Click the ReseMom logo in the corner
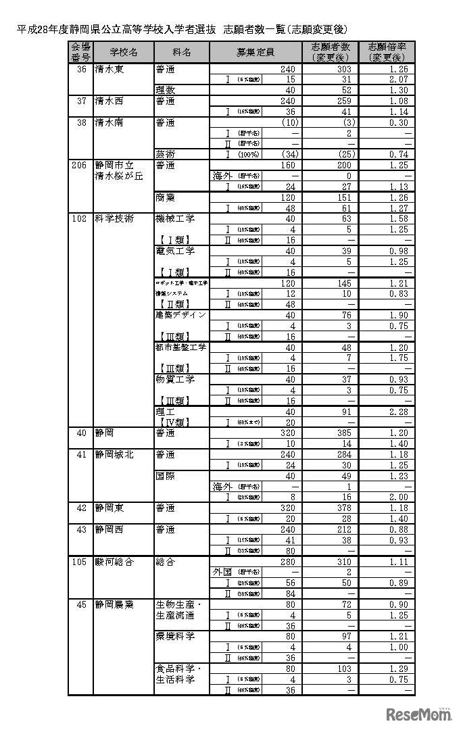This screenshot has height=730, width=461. [418, 715]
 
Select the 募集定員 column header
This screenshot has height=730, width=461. [256, 52]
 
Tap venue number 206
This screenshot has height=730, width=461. [80, 164]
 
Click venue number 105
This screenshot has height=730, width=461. [80, 561]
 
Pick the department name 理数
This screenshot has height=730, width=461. [165, 91]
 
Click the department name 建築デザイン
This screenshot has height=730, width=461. [180, 315]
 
